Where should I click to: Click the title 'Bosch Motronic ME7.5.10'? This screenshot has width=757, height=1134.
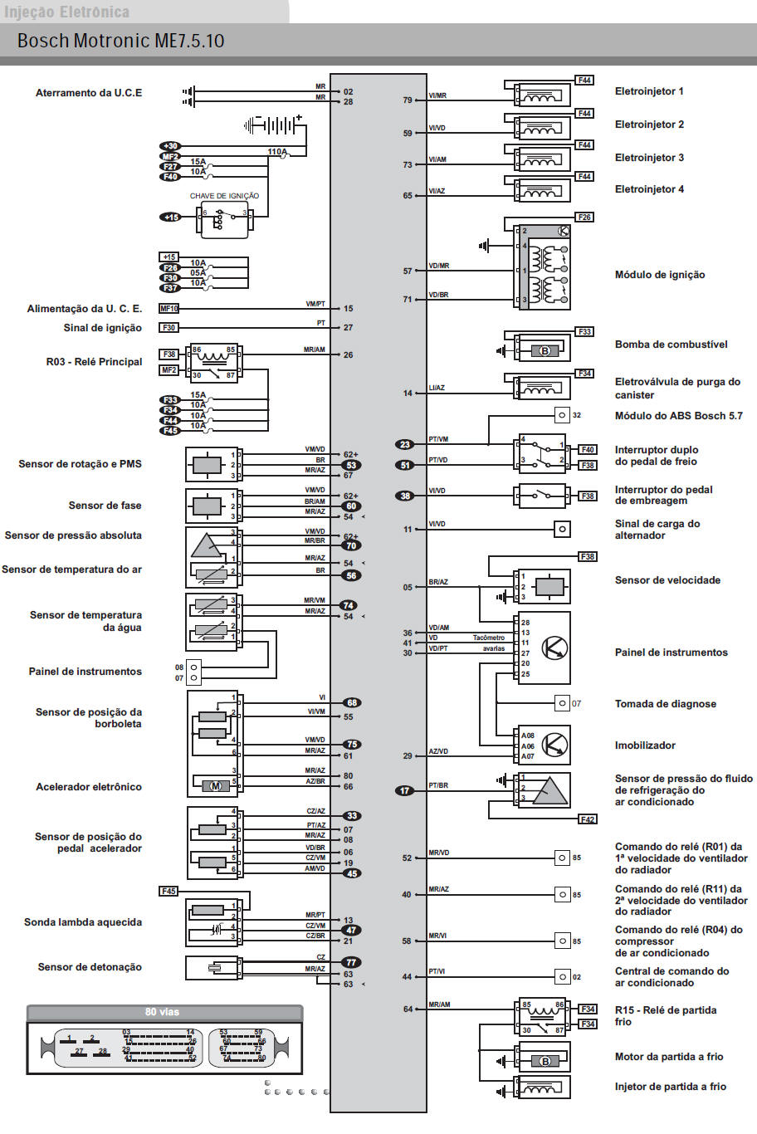pyautogui.click(x=120, y=41)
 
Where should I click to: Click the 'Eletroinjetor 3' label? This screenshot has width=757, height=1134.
pyautogui.click(x=649, y=158)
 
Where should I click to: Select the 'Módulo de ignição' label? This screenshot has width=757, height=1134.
pyautogui.click(x=659, y=275)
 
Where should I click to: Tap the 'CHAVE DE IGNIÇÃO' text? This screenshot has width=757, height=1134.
pyautogui.click(x=224, y=196)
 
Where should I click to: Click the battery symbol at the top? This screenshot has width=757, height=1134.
pyautogui.click(x=274, y=125)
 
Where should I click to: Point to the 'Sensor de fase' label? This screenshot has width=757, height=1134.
pyautogui.click(x=105, y=506)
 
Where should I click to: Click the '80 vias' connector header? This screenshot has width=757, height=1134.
pyautogui.click(x=162, y=1012)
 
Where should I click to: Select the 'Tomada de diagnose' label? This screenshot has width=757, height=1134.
pyautogui.click(x=665, y=704)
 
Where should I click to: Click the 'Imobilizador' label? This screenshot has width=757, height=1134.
pyautogui.click(x=645, y=745)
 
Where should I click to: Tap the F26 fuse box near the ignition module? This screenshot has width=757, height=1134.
pyautogui.click(x=584, y=218)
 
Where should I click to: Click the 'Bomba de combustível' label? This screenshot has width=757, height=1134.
pyautogui.click(x=671, y=345)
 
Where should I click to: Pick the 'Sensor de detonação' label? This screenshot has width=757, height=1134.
pyautogui.click(x=90, y=967)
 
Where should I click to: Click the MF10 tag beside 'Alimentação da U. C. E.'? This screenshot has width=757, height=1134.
pyautogui.click(x=169, y=309)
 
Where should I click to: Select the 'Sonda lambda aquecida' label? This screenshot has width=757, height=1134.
pyautogui.click(x=83, y=922)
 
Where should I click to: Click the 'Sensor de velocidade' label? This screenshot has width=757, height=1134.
pyautogui.click(x=667, y=580)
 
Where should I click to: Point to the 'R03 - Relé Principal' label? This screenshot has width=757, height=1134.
pyautogui.click(x=94, y=362)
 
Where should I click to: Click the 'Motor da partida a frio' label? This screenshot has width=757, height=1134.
pyautogui.click(x=668, y=1057)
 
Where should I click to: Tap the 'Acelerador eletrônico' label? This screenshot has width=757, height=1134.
pyautogui.click(x=89, y=787)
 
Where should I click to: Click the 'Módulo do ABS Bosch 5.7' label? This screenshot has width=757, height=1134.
pyautogui.click(x=678, y=416)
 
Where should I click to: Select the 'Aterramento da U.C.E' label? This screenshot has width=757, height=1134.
pyautogui.click(x=89, y=93)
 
